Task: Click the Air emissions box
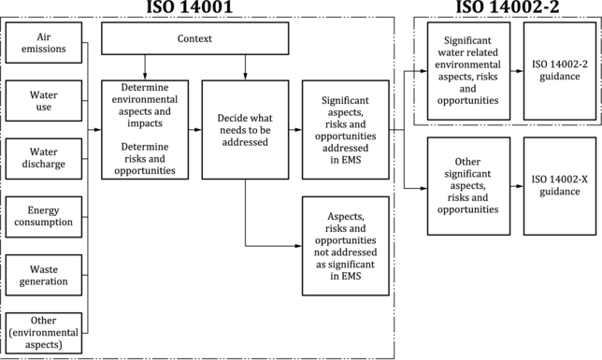coord(44,43)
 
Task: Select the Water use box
coord(44,101)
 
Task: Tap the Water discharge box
coord(44,159)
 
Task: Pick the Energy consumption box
coord(44,217)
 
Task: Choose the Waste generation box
coord(44,275)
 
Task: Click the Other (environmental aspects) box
coord(44,333)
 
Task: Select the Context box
coord(195,38)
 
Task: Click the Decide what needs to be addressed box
coord(245,130)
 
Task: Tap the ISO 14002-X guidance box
coord(560,186)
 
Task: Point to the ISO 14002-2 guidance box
coord(560,71)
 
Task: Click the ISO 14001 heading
coord(190,7)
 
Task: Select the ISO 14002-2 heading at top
coord(508,7)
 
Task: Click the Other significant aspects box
coord(468,186)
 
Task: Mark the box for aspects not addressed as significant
coord(346,246)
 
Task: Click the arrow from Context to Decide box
coord(245,67)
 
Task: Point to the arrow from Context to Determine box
coord(145,67)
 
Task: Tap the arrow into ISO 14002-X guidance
coord(517,186)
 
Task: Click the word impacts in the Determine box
coord(145,123)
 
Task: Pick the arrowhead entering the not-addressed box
coord(299,246)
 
